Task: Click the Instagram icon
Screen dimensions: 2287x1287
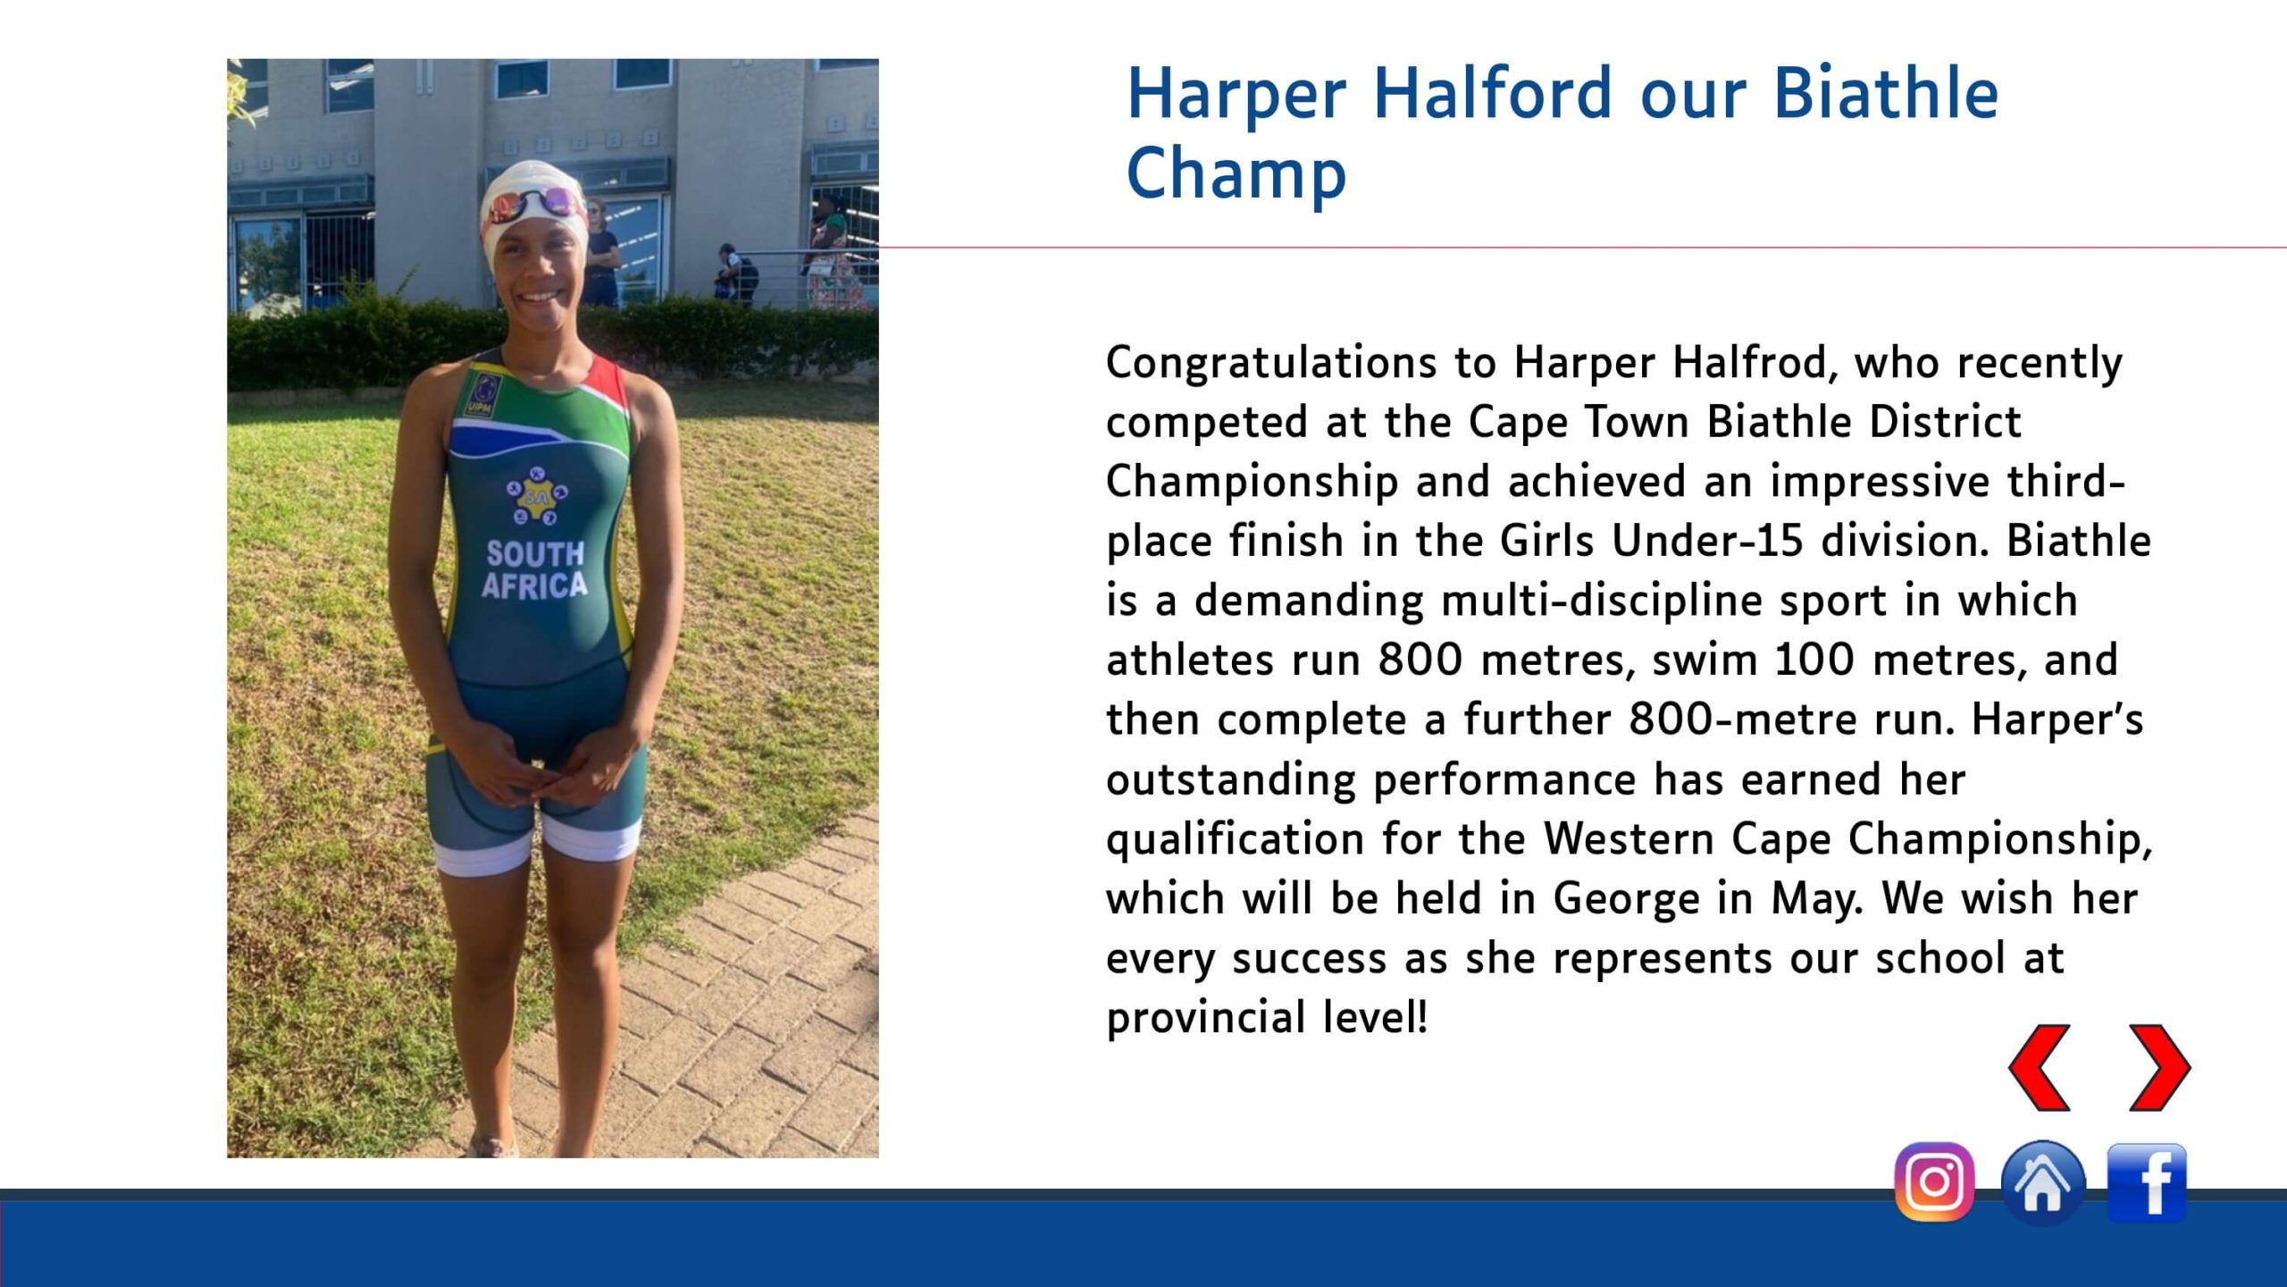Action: pos(1934,1182)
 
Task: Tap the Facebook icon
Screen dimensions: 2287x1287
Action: pos(2147,1182)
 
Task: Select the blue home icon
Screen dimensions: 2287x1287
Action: pos(2042,1182)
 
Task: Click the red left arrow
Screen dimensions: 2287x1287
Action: pos(2040,1068)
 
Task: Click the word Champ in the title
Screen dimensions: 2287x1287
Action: pos(1236,174)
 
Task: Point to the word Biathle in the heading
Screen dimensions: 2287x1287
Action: pos(1886,93)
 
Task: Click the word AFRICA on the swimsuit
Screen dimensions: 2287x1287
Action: pos(535,586)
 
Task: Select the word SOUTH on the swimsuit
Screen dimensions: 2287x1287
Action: pos(535,554)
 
